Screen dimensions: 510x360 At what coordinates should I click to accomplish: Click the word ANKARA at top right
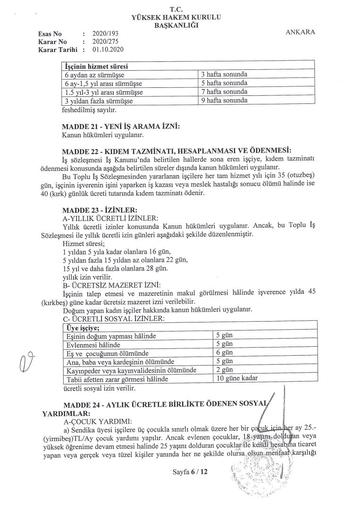point(301,32)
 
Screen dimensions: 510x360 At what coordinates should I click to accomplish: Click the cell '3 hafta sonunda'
point(224,75)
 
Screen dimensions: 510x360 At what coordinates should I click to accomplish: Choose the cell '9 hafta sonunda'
point(224,101)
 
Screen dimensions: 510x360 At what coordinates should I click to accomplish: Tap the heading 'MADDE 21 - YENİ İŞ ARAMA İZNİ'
point(121,127)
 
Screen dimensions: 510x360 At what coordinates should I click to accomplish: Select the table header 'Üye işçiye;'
point(82,327)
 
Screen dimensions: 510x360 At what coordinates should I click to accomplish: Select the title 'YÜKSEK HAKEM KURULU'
point(177,18)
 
